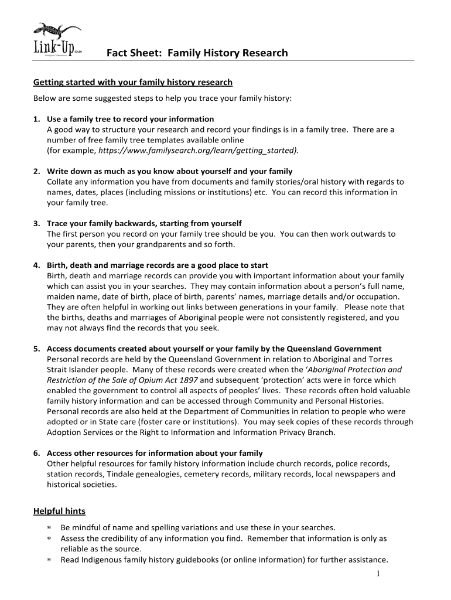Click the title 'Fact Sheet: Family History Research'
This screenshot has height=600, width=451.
pyautogui.click(x=197, y=53)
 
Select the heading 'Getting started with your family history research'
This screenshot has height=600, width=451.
pyautogui.click(x=133, y=82)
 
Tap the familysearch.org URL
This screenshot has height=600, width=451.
pyautogui.click(x=198, y=151)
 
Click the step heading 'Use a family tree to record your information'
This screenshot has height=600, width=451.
pyautogui.click(x=130, y=119)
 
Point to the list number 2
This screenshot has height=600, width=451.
pyautogui.click(x=36, y=172)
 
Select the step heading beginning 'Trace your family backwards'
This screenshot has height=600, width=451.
pyautogui.click(x=144, y=224)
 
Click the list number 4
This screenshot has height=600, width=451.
pyautogui.click(x=36, y=265)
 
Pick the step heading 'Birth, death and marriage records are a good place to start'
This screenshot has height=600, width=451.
pyautogui.click(x=158, y=265)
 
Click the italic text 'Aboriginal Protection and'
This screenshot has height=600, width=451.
pyautogui.click(x=355, y=370)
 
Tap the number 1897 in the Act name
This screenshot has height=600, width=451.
pyautogui.click(x=188, y=380)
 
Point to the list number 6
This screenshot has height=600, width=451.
pyautogui.click(x=36, y=453)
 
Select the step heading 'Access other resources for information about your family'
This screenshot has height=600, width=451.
pyautogui.click(x=155, y=453)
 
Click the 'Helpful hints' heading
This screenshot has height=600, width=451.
pyautogui.click(x=59, y=512)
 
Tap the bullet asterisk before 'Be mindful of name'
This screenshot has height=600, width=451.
pyautogui.click(x=49, y=527)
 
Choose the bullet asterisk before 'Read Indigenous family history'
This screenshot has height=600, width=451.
pyautogui.click(x=49, y=560)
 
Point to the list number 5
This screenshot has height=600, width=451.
pyautogui.click(x=36, y=349)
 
